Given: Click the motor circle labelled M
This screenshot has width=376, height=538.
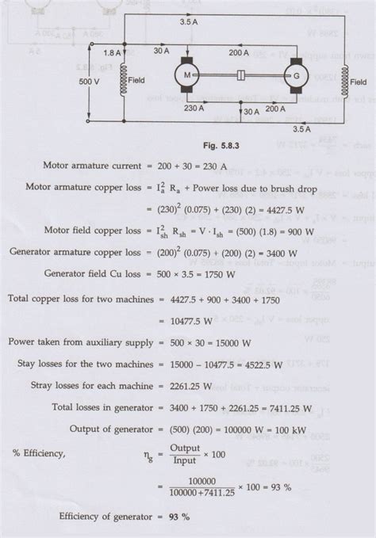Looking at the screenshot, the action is tap(188, 75).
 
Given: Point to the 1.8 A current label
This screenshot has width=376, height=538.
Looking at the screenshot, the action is tap(112, 52).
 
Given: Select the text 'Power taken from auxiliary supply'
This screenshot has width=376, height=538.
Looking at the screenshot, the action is tap(82, 341).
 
